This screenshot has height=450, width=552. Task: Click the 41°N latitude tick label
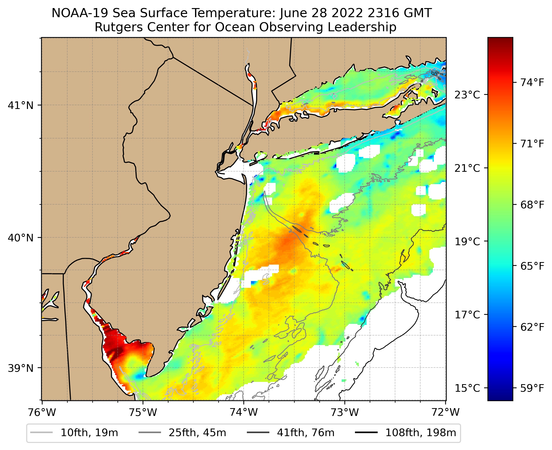[x=21, y=105]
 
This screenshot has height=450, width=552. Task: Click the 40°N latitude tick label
[x=21, y=238]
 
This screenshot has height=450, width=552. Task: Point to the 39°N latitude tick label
[x=21, y=368]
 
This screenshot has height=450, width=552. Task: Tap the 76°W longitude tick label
[x=42, y=412]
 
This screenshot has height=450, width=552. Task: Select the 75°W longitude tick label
[x=143, y=412]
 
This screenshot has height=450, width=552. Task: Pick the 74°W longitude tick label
[x=244, y=412]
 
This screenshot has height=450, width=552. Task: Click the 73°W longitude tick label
[x=345, y=412]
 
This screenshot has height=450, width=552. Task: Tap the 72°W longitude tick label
[x=446, y=412]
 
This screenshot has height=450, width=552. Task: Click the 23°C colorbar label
[x=467, y=95]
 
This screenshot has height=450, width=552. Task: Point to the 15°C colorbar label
[x=467, y=388]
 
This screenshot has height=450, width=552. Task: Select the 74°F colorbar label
[x=532, y=83]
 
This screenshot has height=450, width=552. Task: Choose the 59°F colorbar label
[x=532, y=388]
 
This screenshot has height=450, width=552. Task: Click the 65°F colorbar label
[x=532, y=266]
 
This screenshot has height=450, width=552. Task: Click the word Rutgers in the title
[x=116, y=27]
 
